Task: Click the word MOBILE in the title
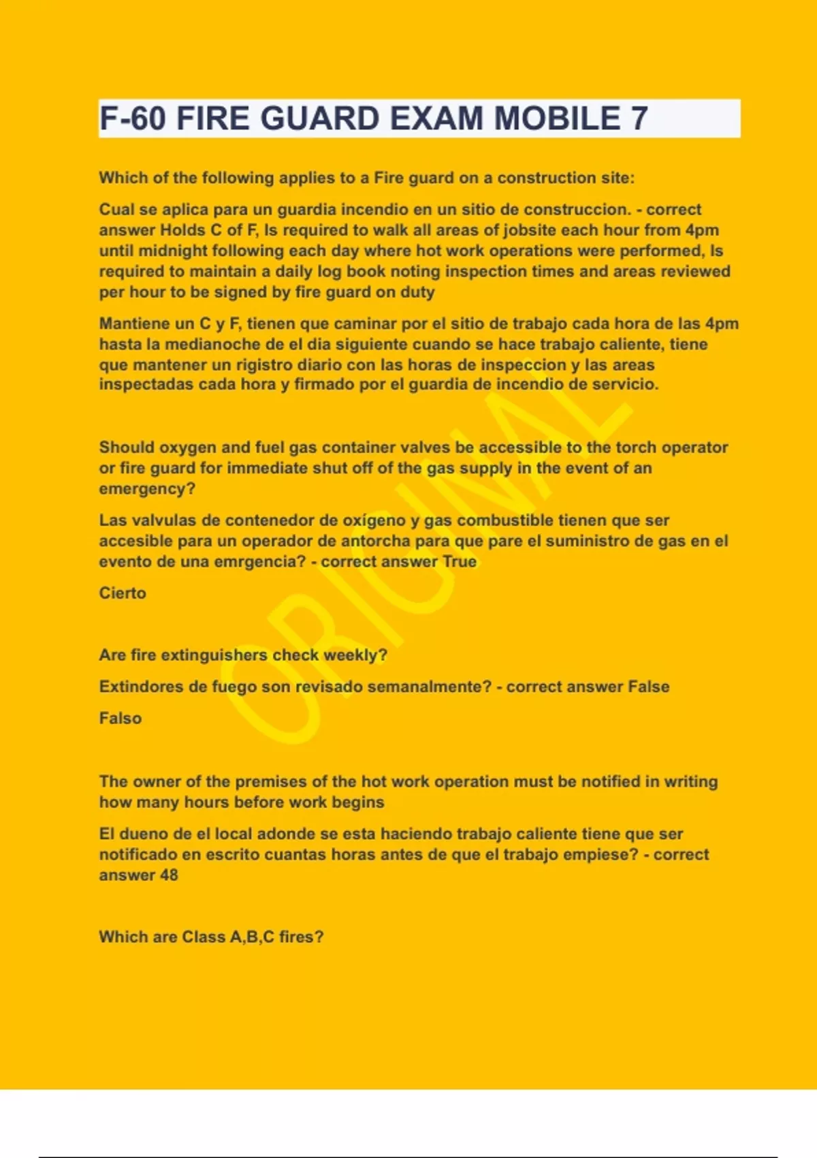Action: [557, 119]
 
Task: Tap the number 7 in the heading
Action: [639, 119]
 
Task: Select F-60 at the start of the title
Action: [133, 119]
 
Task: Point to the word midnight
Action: [170, 251]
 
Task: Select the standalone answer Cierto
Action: [123, 593]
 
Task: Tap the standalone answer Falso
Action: [121, 719]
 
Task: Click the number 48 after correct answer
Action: [169, 875]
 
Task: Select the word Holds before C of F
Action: [182, 230]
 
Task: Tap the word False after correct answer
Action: [648, 687]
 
